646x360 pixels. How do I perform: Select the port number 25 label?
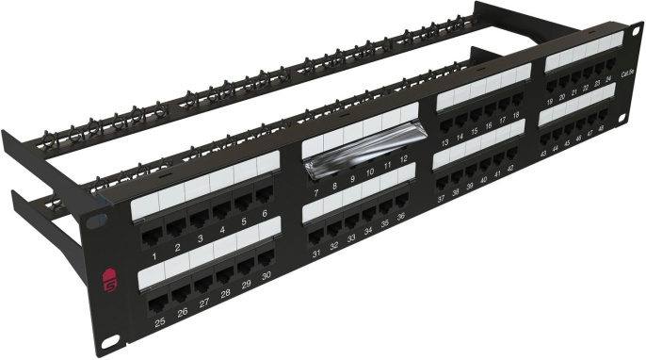[x=159, y=322]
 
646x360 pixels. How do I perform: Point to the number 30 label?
[x=266, y=275]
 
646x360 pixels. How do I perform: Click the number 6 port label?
[x=266, y=214]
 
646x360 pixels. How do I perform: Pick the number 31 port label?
[x=316, y=254]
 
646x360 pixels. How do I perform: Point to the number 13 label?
[x=444, y=145]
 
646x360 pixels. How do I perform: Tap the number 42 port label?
[x=510, y=168]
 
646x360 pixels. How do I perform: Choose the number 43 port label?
[x=543, y=154]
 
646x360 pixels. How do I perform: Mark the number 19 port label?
[x=549, y=101]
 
